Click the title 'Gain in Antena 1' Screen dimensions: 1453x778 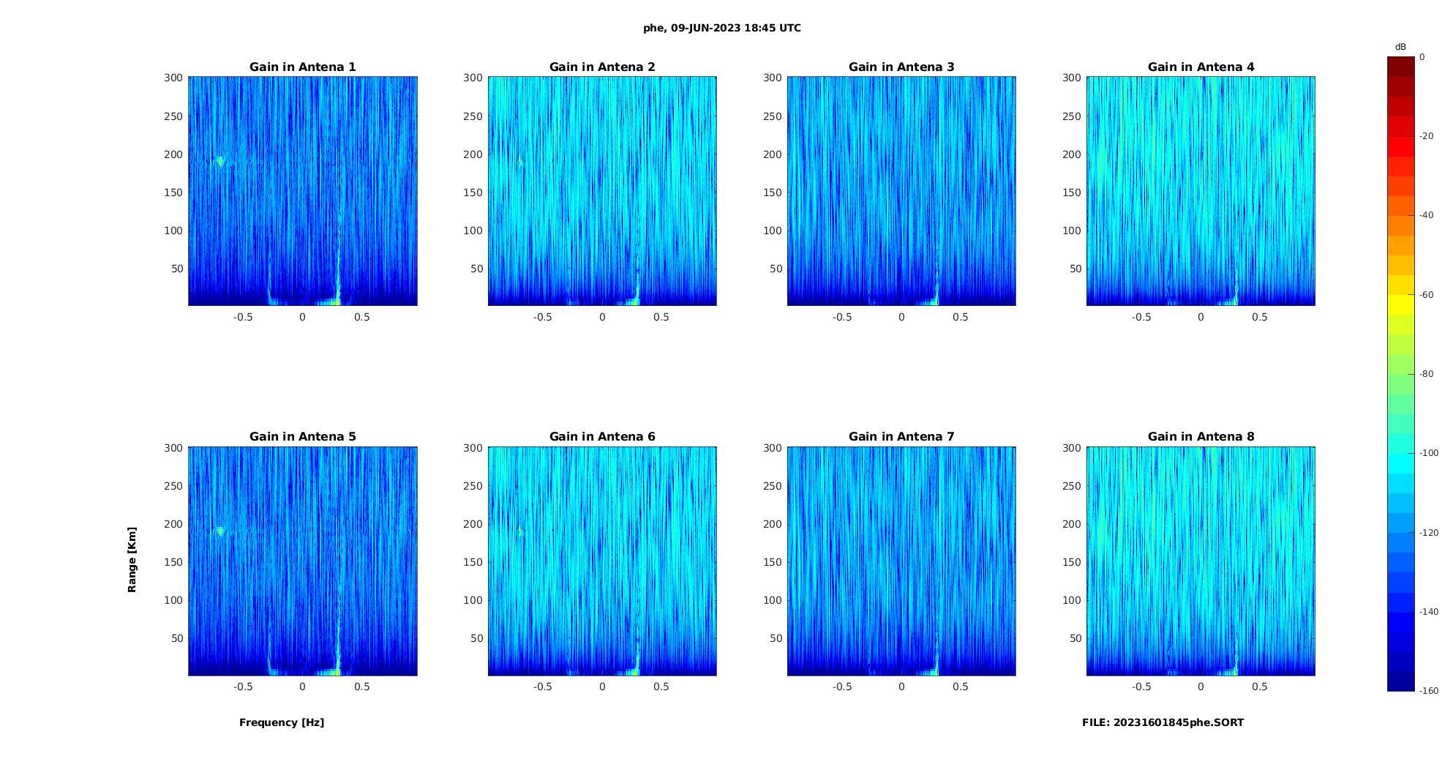[x=302, y=67]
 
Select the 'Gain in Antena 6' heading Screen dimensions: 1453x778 [x=602, y=437]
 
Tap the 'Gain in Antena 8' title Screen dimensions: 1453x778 [x=1201, y=437]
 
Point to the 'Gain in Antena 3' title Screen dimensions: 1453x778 [x=901, y=67]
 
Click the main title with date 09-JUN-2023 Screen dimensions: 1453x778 [x=722, y=29]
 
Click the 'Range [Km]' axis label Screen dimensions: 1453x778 [x=132, y=559]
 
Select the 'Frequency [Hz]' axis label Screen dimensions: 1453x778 [x=282, y=722]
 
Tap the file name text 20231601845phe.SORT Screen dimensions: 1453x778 [x=1163, y=722]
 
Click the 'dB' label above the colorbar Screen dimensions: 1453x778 [x=1400, y=47]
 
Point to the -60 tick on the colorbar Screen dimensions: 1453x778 [x=1427, y=295]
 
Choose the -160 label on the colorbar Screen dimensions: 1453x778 [x=1429, y=691]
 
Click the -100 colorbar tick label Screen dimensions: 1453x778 [x=1429, y=453]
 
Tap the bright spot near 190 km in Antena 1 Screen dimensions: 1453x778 [x=219, y=162]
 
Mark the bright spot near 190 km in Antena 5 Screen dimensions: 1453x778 [x=219, y=531]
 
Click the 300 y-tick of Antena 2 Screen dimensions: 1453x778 [x=473, y=78]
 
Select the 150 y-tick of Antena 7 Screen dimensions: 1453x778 [x=773, y=562]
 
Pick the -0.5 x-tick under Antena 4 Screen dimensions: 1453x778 [x=1141, y=317]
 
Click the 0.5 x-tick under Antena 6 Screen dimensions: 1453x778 [x=661, y=687]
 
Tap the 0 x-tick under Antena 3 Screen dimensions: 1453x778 [x=901, y=317]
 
